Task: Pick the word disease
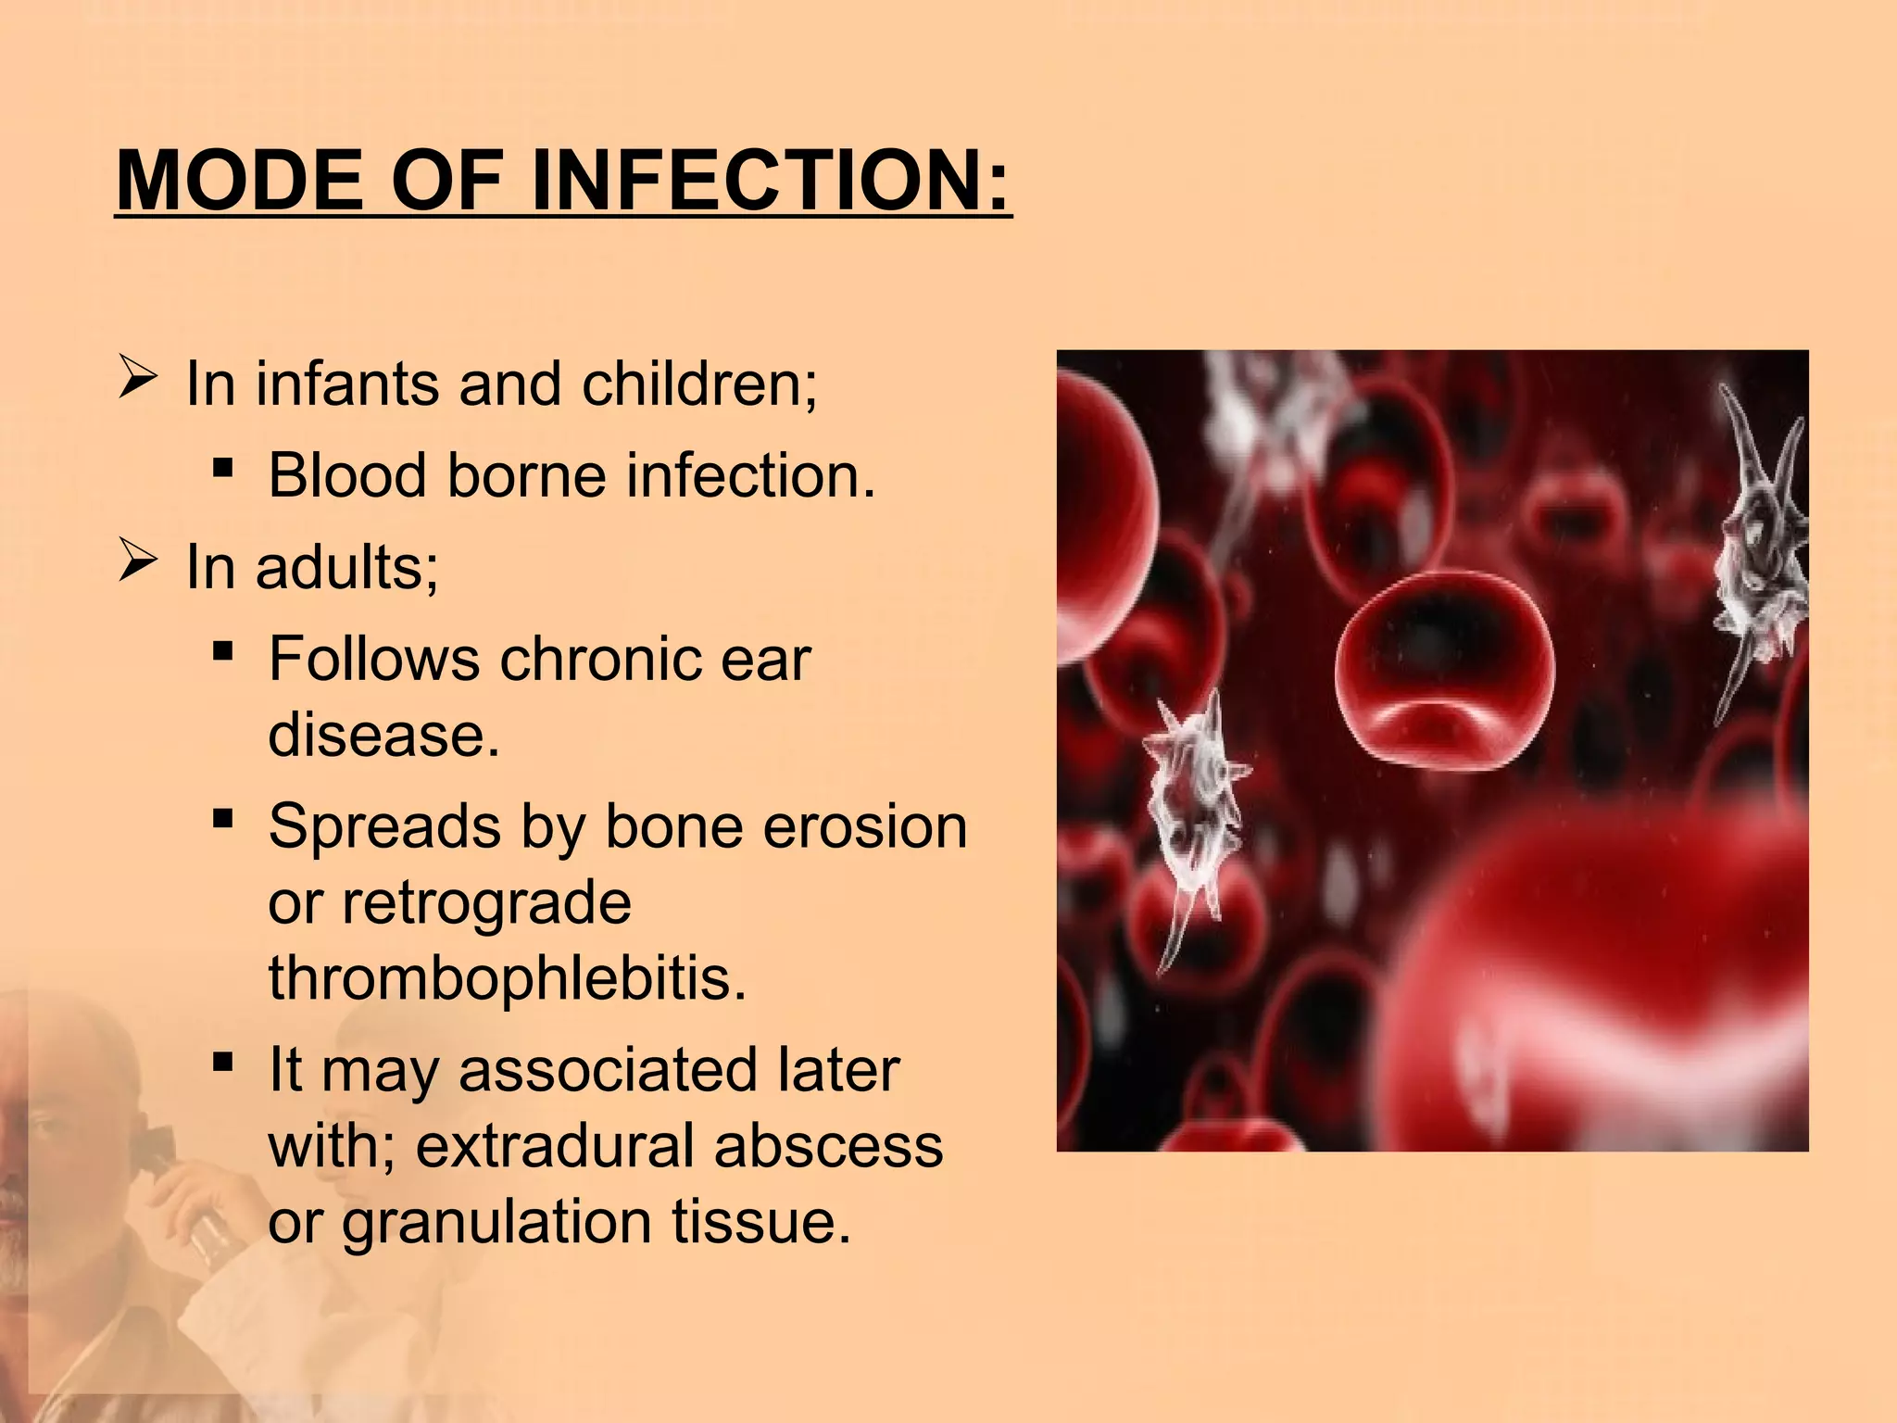tap(383, 735)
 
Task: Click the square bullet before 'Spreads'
tap(222, 819)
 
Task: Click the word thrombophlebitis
tap(507, 977)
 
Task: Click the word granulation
tap(496, 1221)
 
